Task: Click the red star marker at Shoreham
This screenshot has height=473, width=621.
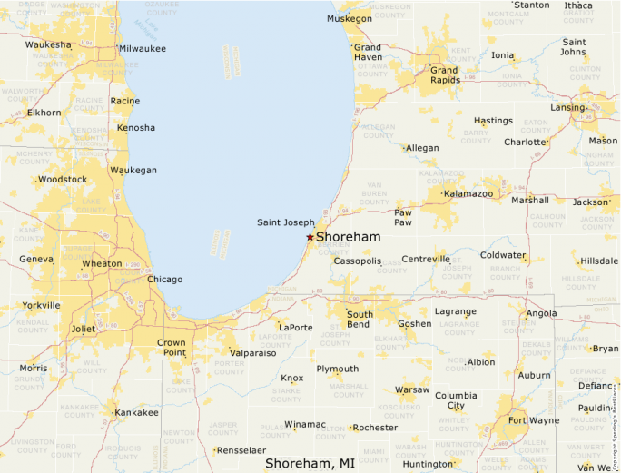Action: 310,237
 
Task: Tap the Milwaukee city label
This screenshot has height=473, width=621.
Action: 143,48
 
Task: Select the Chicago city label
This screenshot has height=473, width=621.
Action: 164,279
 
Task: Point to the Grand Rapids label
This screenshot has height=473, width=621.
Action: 444,75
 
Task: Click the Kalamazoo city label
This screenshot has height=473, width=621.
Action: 468,193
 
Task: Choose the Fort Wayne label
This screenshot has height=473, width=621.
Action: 533,420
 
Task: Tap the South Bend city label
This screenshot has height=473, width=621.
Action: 359,320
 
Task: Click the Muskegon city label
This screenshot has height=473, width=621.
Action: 350,18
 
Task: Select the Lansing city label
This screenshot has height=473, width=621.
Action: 567,107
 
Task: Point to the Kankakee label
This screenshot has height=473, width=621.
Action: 136,412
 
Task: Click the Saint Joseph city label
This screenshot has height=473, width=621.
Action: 286,222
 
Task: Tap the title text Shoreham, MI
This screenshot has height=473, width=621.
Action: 310,463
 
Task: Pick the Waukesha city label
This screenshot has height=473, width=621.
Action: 48,44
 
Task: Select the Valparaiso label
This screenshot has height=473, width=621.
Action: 252,353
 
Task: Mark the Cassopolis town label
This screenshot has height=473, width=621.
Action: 357,261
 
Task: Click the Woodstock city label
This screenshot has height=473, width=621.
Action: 63,180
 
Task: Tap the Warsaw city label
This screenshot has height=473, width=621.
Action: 412,389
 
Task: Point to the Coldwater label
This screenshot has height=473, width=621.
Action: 503,255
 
